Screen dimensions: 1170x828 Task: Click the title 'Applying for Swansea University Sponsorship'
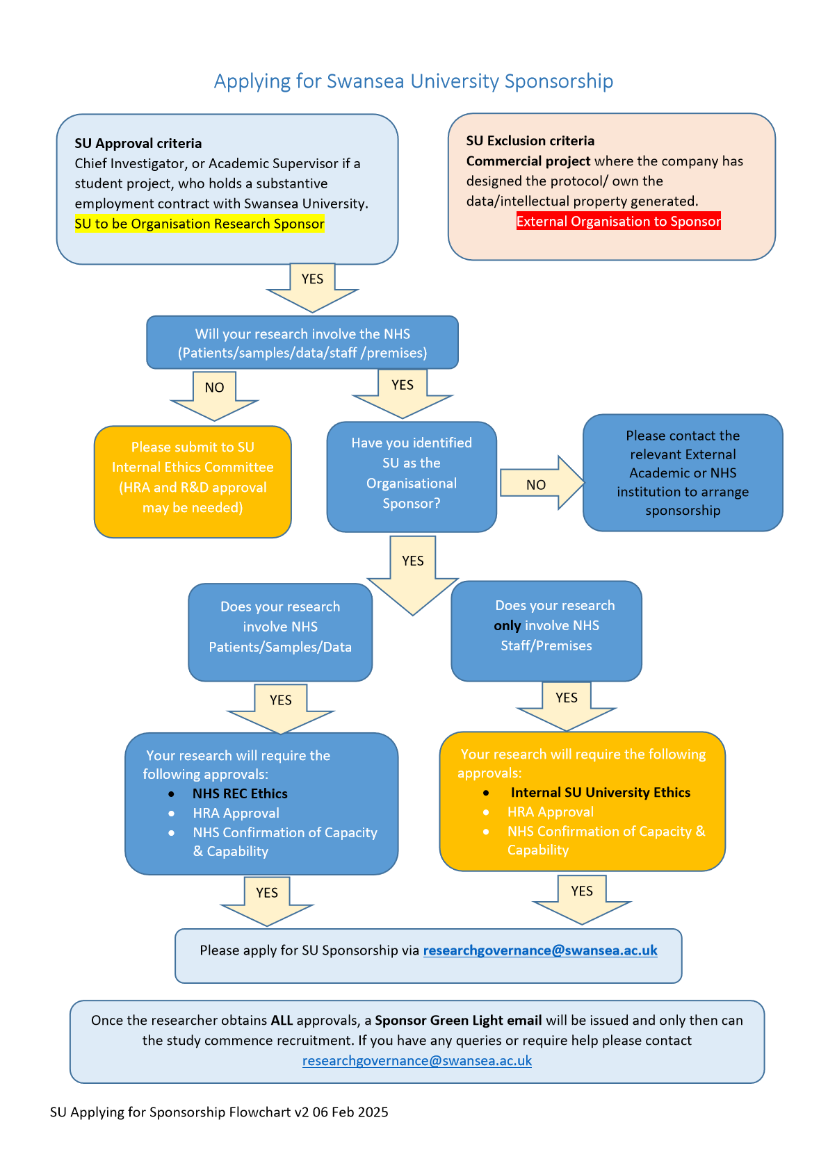tap(413, 81)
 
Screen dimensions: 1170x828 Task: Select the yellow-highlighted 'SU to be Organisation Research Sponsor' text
tap(200, 224)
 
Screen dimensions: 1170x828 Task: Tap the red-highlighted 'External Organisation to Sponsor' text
tap(618, 222)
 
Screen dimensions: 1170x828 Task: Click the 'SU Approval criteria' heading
tap(138, 143)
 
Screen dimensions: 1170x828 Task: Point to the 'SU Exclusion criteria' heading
tap(530, 140)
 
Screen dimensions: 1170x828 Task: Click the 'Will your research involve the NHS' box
tap(302, 343)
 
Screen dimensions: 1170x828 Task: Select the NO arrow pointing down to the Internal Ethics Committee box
tap(214, 395)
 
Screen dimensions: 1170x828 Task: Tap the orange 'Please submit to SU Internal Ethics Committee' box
tap(193, 481)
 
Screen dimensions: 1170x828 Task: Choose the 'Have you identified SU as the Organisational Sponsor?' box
tap(412, 476)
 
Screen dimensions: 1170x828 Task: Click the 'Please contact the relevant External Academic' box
tap(683, 472)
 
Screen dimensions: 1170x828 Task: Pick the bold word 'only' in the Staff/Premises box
tap(507, 626)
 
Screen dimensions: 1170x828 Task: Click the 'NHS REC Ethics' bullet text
tap(240, 793)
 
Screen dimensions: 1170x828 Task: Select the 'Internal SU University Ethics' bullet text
tap(600, 792)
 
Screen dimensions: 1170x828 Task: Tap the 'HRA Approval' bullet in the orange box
tap(550, 811)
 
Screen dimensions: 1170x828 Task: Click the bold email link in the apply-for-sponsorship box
tap(539, 950)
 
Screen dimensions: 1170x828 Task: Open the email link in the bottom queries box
tap(416, 1061)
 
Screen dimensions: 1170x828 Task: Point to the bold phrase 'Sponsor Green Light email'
tap(458, 1020)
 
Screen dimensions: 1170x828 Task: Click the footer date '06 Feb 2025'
tap(350, 1112)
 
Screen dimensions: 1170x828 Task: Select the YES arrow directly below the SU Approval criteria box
tap(312, 285)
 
